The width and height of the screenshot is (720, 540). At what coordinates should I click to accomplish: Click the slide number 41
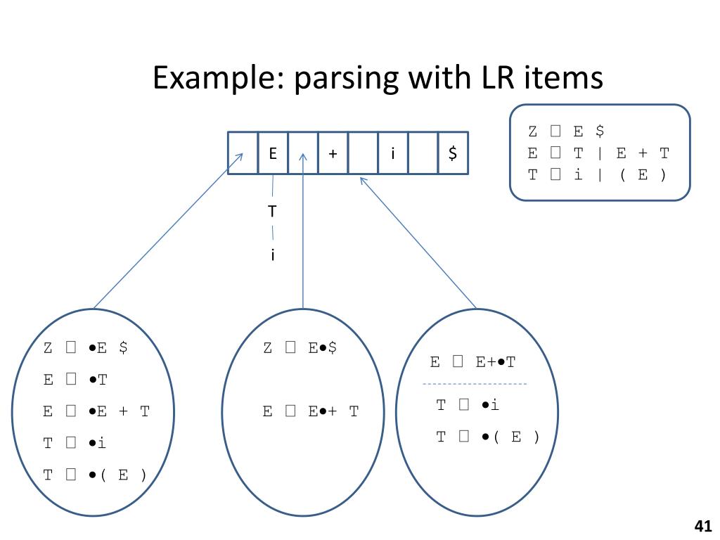click(x=702, y=526)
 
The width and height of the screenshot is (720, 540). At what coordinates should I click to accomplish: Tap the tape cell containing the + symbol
click(x=333, y=153)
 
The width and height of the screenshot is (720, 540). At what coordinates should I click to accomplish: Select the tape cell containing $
click(x=453, y=153)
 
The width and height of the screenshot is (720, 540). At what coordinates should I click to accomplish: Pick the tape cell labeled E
click(x=273, y=153)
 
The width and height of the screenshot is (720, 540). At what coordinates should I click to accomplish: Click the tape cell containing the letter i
click(x=392, y=153)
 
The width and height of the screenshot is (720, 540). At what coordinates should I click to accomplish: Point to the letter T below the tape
click(x=272, y=210)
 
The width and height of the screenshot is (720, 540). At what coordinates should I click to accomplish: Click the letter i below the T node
click(x=272, y=255)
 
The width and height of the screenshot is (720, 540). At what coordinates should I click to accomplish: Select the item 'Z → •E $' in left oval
click(x=85, y=347)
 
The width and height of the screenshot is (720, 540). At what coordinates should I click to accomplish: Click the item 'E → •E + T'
click(x=96, y=411)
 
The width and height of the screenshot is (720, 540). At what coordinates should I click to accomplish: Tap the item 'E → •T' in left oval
click(x=75, y=380)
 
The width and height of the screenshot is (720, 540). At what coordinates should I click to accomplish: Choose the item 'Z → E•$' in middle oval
click(x=300, y=347)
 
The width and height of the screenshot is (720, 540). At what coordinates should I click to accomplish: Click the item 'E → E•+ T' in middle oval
click(x=310, y=411)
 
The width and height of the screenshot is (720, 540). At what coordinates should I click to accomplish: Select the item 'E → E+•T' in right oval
click(x=472, y=362)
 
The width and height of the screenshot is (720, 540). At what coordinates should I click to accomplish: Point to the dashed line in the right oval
click(x=474, y=384)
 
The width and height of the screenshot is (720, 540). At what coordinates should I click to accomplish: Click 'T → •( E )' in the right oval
click(x=488, y=437)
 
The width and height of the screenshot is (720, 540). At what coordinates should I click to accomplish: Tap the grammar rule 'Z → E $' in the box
click(x=566, y=131)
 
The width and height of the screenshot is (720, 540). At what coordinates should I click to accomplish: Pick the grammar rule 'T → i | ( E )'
click(x=597, y=175)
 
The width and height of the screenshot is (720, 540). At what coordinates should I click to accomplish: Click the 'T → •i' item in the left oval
click(x=75, y=443)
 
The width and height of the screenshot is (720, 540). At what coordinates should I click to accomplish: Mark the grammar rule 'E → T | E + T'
click(x=598, y=153)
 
